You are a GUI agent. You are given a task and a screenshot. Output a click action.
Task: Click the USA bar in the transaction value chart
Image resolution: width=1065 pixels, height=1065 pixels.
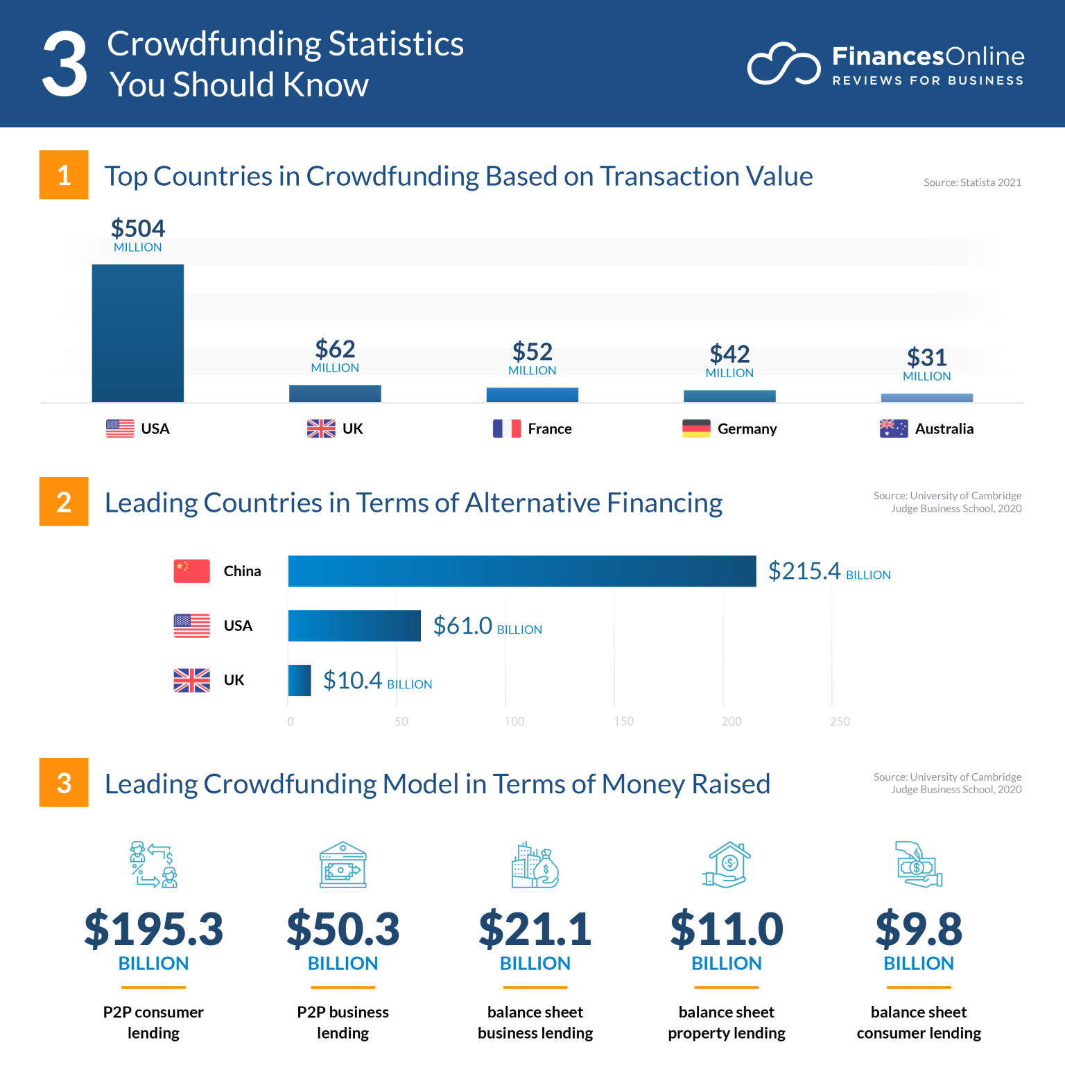click(137, 333)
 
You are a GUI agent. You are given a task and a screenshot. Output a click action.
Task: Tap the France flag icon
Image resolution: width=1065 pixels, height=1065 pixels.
click(506, 428)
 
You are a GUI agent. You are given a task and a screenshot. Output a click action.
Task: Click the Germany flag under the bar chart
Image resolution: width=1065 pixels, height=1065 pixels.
click(696, 428)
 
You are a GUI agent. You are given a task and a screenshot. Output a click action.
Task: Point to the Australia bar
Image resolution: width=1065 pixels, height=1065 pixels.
click(926, 398)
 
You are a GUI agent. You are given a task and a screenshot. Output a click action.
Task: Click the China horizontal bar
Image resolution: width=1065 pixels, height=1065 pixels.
click(521, 571)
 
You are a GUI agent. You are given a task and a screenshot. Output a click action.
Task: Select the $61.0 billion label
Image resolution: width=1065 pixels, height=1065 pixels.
click(487, 626)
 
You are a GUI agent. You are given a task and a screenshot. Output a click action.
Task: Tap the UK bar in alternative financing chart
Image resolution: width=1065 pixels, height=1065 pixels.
click(300, 680)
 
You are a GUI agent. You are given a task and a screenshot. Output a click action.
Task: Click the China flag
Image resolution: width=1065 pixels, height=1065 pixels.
click(191, 571)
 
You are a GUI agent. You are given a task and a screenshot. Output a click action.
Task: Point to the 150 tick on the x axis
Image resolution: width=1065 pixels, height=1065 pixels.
click(623, 721)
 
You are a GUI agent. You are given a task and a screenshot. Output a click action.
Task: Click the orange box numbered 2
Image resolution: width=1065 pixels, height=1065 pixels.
click(64, 501)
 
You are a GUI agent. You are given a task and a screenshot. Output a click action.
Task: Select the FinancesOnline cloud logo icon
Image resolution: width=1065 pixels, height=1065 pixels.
click(783, 64)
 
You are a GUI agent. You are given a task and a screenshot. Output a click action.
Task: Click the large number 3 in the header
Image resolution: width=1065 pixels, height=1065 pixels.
click(64, 64)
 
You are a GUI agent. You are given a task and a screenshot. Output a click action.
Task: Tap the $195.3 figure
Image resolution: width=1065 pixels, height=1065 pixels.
click(153, 929)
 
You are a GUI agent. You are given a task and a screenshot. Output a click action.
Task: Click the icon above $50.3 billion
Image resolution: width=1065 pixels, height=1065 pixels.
click(343, 865)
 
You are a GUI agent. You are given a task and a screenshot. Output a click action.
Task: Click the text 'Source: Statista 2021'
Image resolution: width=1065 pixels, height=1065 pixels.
click(972, 182)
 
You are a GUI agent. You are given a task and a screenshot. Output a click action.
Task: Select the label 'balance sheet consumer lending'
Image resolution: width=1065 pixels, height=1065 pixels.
click(918, 1022)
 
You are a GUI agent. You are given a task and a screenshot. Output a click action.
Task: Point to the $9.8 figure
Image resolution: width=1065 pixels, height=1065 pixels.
click(918, 929)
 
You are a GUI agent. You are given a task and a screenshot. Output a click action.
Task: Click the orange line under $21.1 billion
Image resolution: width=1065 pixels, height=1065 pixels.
click(535, 987)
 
